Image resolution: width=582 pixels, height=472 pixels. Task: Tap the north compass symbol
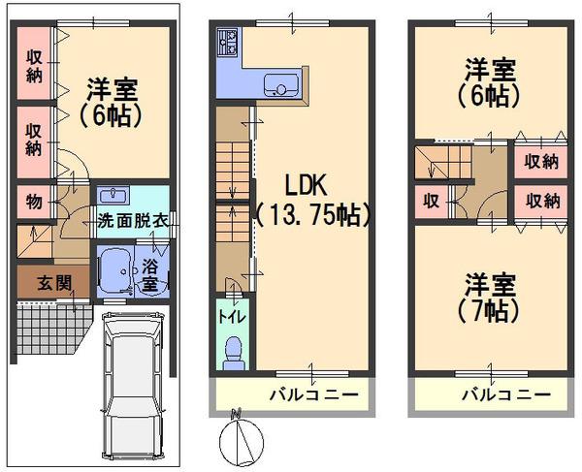(242, 440)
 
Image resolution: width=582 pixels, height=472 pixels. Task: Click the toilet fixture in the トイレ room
(233, 353)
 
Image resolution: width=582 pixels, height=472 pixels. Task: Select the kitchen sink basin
(281, 84)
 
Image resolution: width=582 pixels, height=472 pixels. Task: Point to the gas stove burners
(228, 43)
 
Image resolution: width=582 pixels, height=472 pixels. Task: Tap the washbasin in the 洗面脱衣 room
(113, 195)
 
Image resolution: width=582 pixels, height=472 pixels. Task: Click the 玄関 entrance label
(54, 284)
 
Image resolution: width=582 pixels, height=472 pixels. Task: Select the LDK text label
(306, 185)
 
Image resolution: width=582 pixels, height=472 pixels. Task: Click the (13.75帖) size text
(312, 215)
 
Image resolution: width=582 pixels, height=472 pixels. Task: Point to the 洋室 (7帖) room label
(490, 298)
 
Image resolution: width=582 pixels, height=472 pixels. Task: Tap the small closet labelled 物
(34, 202)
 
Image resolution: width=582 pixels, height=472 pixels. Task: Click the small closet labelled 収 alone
(432, 201)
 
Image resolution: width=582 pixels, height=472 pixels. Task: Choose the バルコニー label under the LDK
(313, 394)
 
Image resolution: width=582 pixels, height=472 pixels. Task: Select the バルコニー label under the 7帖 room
(506, 394)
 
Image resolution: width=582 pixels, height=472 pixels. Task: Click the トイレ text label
(232, 317)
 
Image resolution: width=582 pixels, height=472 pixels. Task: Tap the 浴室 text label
(150, 274)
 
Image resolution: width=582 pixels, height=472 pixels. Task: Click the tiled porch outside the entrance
(52, 328)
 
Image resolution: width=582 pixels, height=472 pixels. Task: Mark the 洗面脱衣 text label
(133, 222)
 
